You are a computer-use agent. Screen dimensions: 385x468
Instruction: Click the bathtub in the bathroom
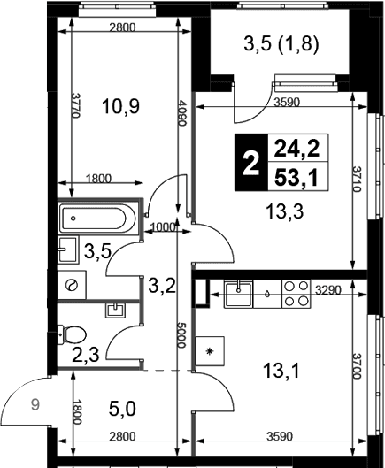click(97, 219)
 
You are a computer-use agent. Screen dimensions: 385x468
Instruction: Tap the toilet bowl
click(72, 334)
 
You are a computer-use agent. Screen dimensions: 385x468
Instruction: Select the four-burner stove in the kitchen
click(296, 294)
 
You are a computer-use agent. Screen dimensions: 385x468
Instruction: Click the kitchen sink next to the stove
click(238, 294)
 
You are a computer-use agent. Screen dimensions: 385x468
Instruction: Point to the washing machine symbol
click(72, 285)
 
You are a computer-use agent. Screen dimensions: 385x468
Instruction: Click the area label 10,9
click(120, 106)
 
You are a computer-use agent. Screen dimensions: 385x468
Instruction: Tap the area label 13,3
click(284, 211)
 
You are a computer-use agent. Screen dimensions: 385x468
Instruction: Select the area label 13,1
click(281, 371)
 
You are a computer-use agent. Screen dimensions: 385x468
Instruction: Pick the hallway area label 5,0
click(122, 409)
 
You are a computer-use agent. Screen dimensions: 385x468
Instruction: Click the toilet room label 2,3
click(86, 355)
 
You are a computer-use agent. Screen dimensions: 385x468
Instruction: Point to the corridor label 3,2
click(162, 287)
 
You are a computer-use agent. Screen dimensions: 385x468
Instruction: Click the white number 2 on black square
click(250, 163)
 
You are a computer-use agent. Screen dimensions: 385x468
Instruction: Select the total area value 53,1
click(296, 179)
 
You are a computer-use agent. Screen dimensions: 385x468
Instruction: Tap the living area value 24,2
click(296, 149)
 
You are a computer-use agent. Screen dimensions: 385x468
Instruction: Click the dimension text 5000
click(181, 334)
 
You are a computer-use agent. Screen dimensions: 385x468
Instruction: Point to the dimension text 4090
click(181, 113)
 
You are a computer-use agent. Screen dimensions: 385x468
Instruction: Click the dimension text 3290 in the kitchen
click(328, 290)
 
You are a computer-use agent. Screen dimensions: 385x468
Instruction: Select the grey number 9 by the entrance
click(35, 405)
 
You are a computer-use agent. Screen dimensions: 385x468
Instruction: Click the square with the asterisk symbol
click(210, 351)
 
